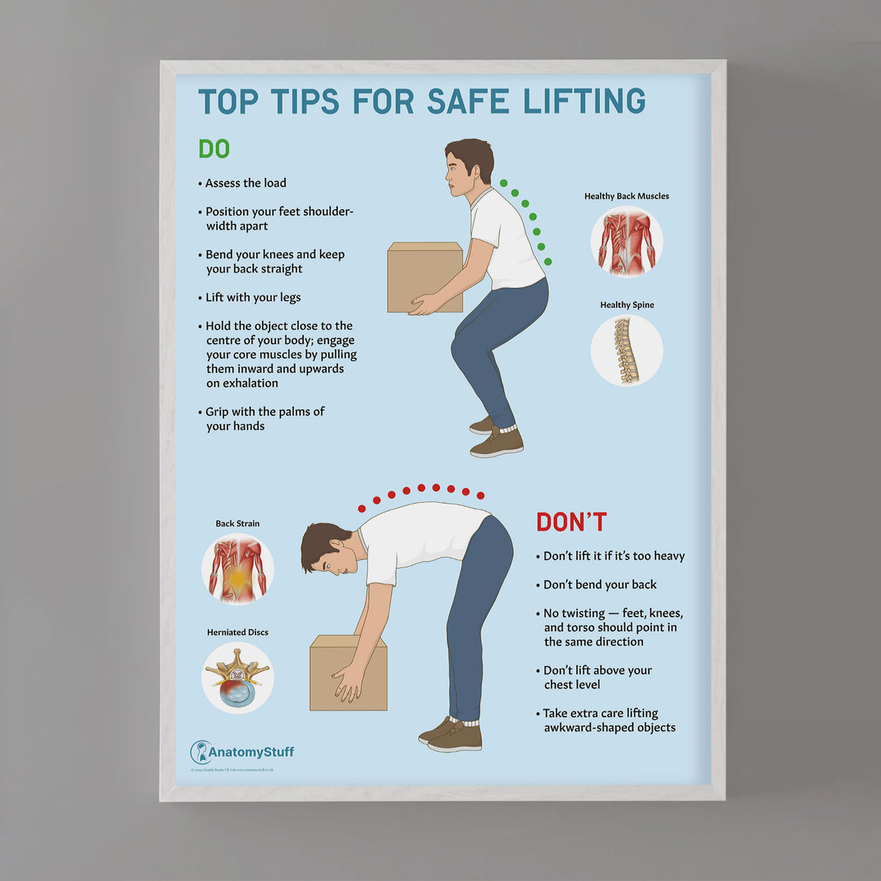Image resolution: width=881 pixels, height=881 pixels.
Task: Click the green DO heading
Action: tap(214, 149)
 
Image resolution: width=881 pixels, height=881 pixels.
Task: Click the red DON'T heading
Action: tap(571, 522)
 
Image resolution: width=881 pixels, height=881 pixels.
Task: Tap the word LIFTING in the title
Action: tap(584, 101)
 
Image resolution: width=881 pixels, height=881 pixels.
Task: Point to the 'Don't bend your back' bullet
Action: tap(600, 584)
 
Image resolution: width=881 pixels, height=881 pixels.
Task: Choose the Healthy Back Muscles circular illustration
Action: tap(626, 242)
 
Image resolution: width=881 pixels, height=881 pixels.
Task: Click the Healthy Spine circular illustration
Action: tap(626, 350)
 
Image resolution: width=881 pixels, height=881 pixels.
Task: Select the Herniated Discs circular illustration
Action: tap(237, 678)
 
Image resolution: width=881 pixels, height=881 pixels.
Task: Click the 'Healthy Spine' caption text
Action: tap(627, 305)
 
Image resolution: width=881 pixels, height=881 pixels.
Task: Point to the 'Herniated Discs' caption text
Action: tap(237, 632)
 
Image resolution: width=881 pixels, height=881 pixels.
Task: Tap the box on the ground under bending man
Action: tap(348, 673)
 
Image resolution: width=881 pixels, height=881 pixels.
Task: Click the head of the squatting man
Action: tap(468, 167)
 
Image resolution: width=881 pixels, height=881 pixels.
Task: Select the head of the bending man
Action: tap(327, 548)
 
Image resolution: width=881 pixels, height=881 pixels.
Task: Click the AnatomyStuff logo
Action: tap(242, 752)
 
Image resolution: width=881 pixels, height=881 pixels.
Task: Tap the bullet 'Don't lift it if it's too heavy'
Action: tap(614, 556)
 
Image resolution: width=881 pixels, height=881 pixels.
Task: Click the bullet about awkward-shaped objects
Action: tap(608, 720)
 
